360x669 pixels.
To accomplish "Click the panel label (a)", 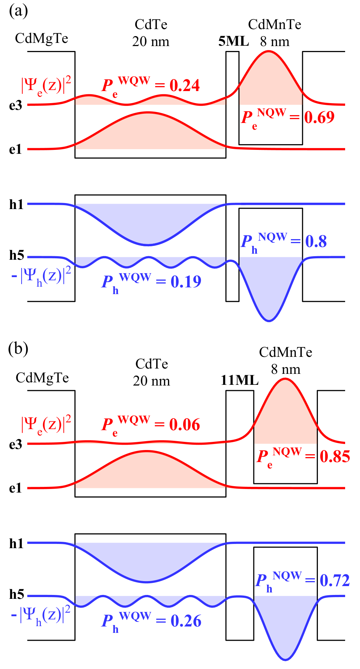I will tap(18, 11).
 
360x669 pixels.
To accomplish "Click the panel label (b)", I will tap(18, 349).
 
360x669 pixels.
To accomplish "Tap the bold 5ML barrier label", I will tap(234, 41).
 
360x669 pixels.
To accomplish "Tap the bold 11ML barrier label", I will tap(240, 380).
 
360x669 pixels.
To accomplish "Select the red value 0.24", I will tap(185, 85).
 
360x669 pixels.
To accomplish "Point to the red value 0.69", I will tap(319, 117).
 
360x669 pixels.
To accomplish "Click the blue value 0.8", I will tap(316, 241).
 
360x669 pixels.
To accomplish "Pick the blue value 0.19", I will tap(186, 281).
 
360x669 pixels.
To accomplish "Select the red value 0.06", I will tap(185, 425).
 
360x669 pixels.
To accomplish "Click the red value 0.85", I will tap(335, 456).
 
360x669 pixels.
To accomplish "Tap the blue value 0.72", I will tap(335, 580).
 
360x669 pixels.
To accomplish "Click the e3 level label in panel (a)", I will tap(16, 105).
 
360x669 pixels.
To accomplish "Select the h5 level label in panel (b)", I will tap(17, 594).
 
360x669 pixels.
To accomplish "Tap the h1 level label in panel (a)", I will tap(16, 204).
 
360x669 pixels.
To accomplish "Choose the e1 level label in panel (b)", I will tap(16, 488).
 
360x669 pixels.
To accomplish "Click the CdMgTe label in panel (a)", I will tap(41, 38).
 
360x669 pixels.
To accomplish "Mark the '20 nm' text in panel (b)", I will tap(151, 381).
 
